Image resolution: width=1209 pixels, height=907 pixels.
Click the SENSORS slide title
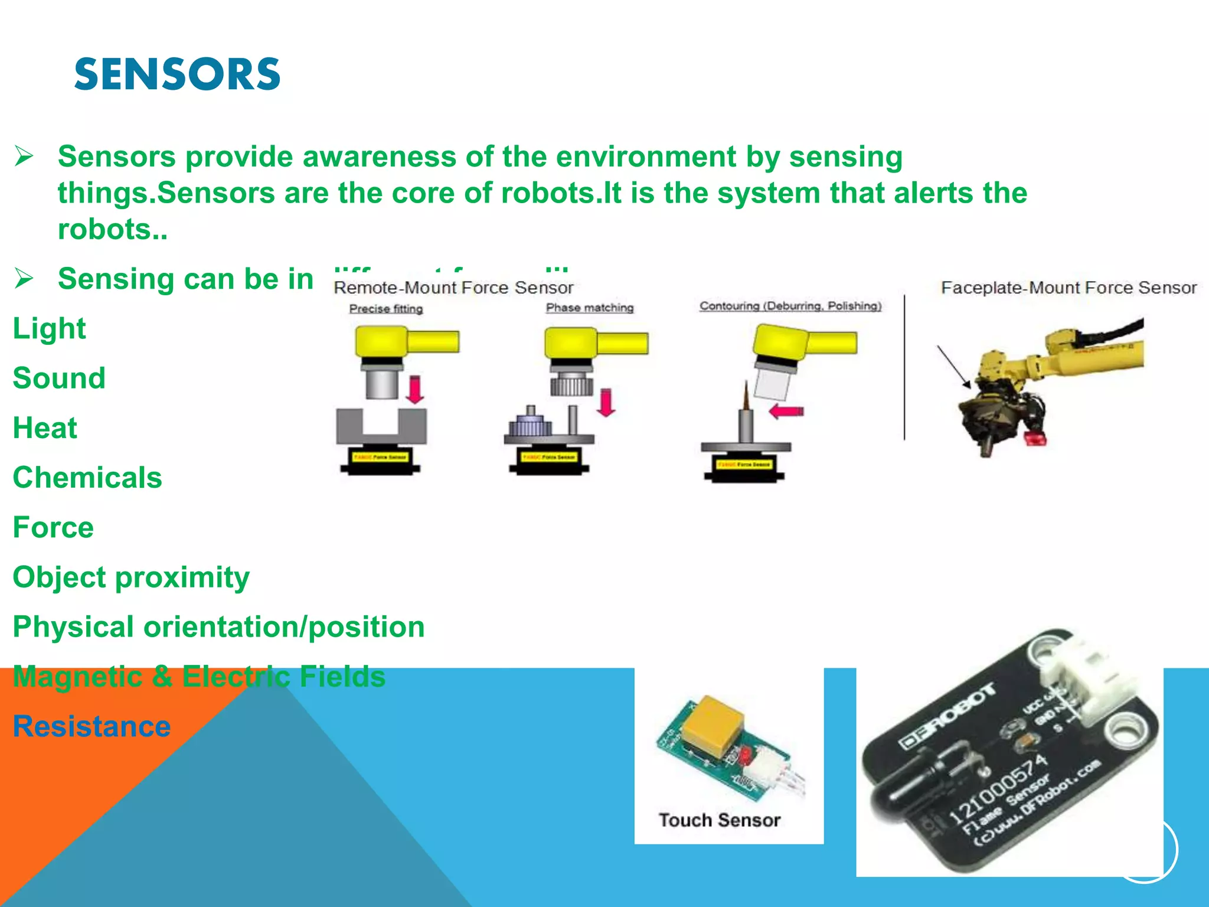tap(177, 75)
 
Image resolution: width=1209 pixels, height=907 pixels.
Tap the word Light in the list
tap(50, 329)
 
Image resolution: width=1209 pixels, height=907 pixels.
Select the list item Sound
tap(59, 379)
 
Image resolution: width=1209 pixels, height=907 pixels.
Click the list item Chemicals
tap(87, 478)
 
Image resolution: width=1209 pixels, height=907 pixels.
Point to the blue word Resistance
tap(92, 727)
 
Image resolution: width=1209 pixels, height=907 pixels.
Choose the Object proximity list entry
tap(131, 578)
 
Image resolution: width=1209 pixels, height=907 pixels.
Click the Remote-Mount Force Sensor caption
tap(453, 288)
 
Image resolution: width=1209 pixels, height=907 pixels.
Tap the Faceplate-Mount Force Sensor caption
tap(1069, 288)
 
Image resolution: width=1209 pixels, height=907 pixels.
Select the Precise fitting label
tap(386, 309)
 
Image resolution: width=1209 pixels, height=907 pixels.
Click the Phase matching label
tap(590, 308)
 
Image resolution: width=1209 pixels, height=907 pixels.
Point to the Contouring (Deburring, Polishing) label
tap(790, 306)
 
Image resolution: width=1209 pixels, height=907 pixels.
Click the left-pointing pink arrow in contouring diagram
tap(786, 411)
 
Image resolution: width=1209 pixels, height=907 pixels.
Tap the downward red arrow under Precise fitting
tap(416, 390)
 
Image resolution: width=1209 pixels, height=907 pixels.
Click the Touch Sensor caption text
tap(720, 820)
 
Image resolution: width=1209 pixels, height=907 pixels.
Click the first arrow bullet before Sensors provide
tap(24, 157)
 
